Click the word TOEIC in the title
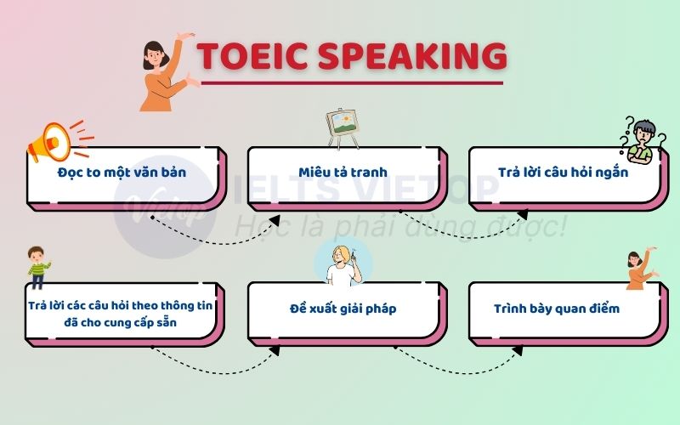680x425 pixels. (246, 56)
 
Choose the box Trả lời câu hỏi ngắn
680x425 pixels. (564, 173)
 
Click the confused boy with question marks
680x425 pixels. (642, 139)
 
